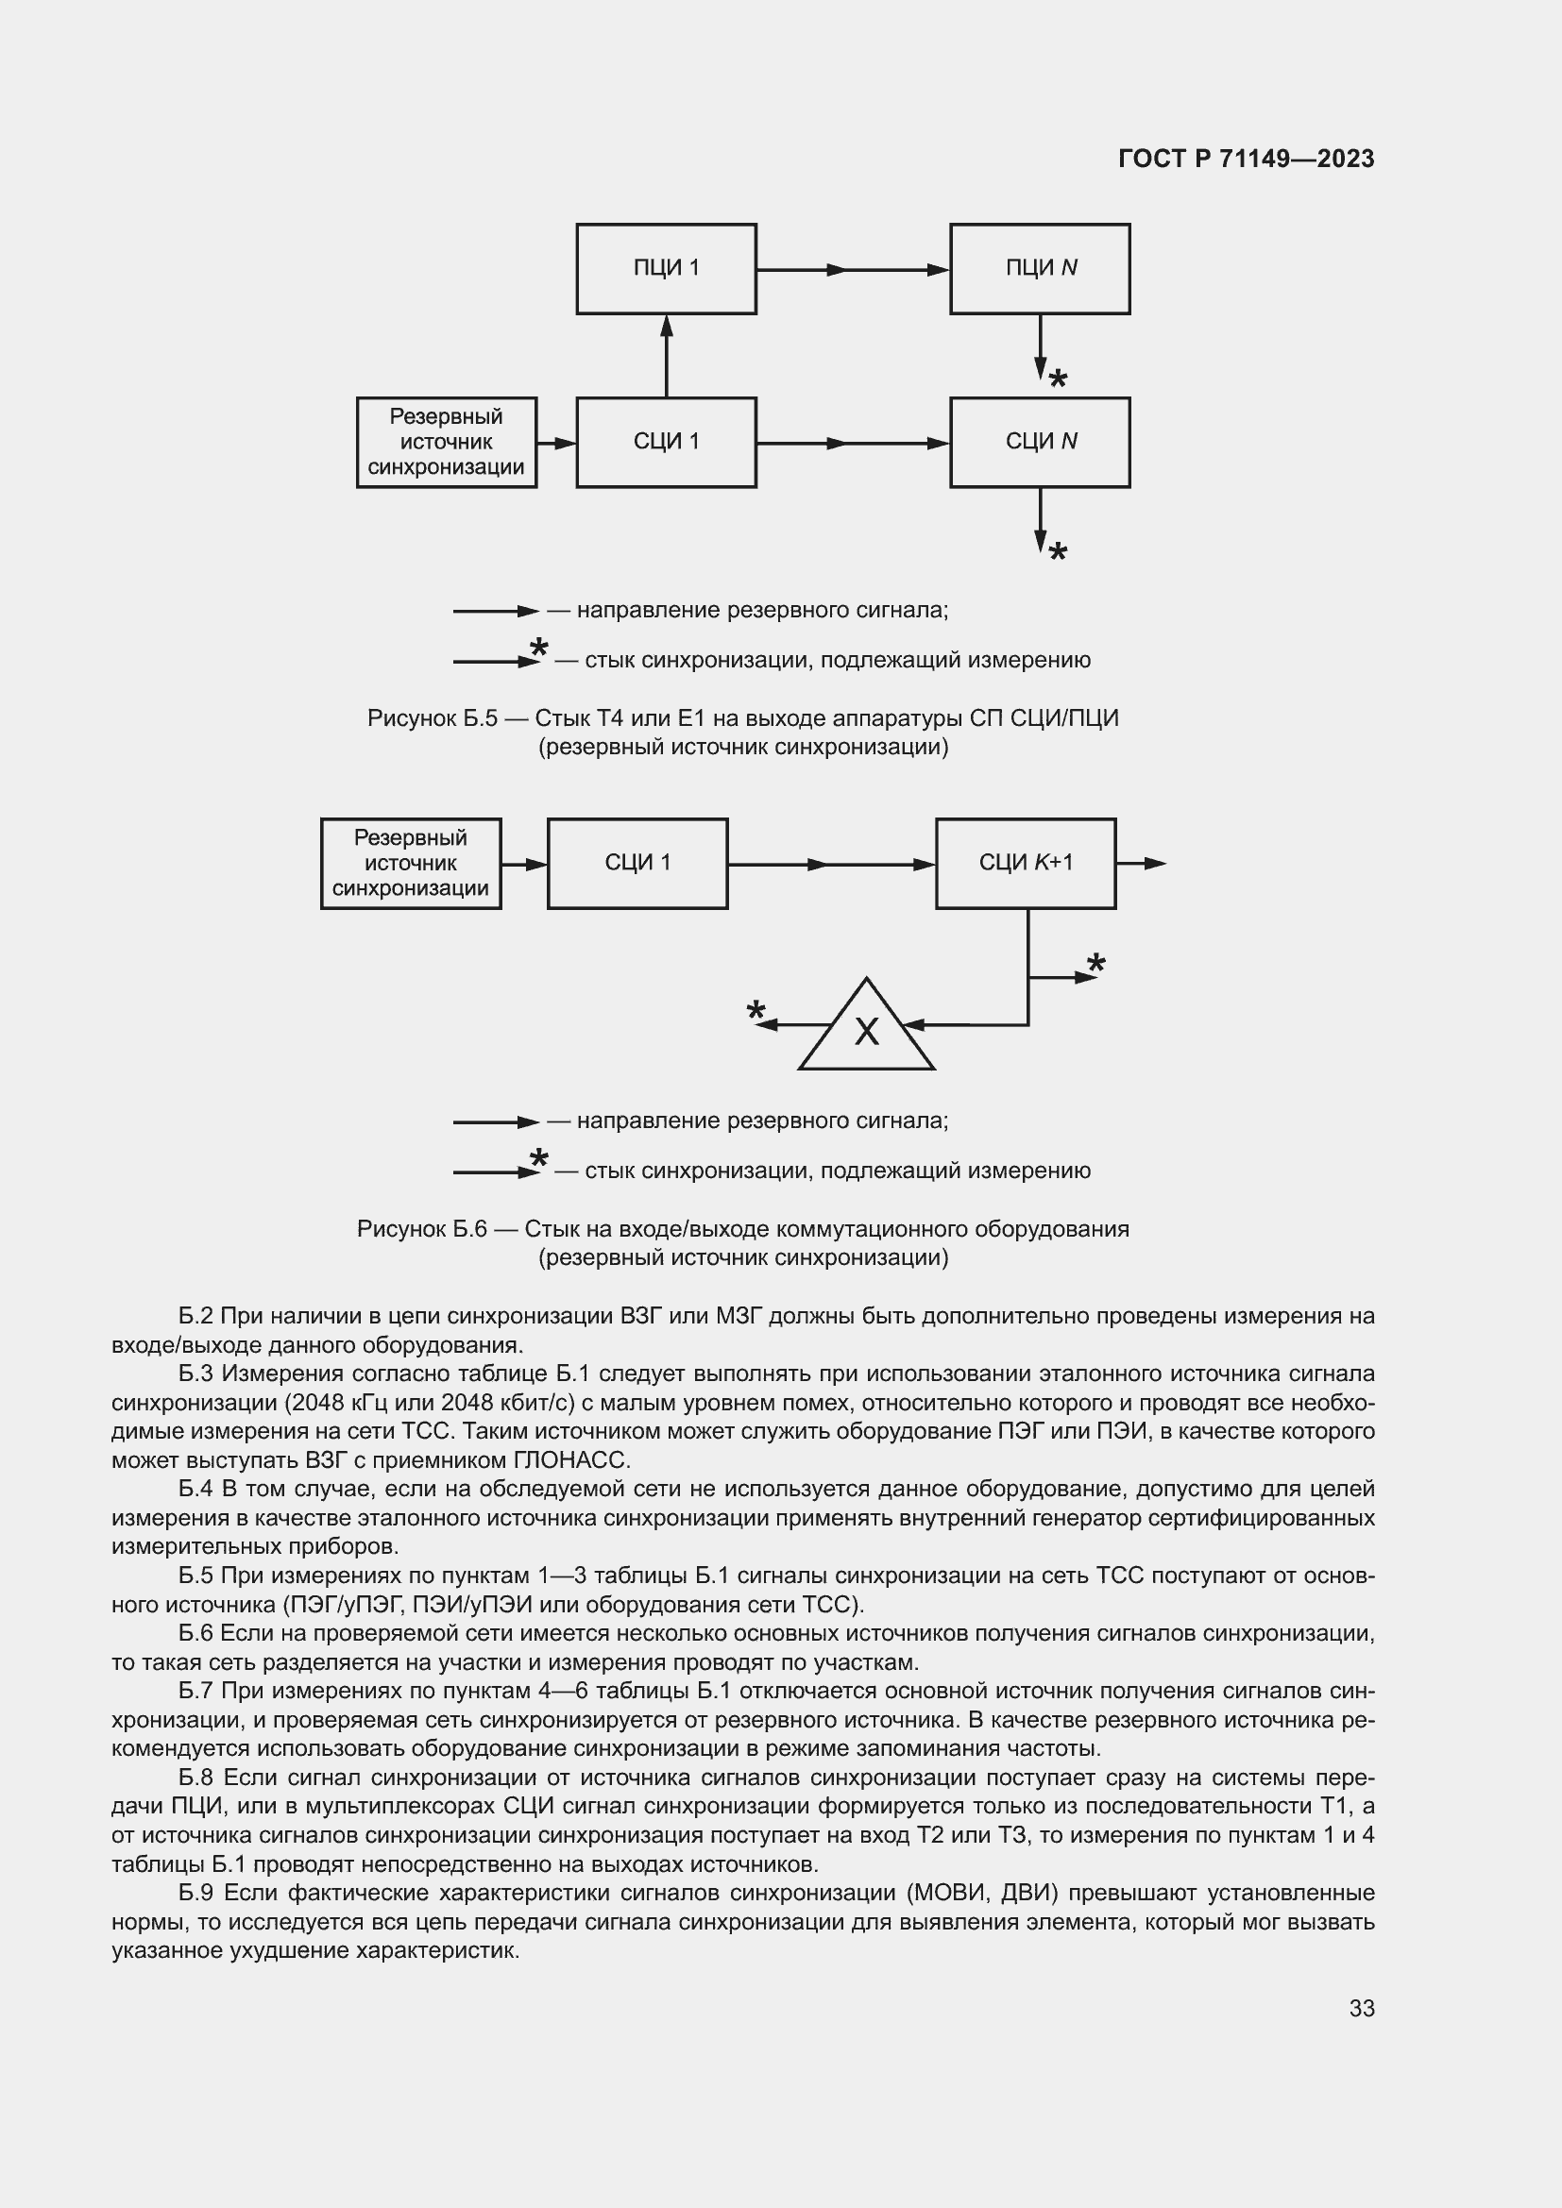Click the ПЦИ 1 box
pos(666,268)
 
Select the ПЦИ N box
pos(1040,268)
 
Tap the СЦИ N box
pos(1040,443)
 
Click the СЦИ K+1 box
pos(1026,863)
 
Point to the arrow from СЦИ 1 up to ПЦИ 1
pos(667,355)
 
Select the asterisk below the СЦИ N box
pos(1058,553)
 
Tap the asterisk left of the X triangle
pos(756,1011)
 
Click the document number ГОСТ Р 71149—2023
pos(1246,159)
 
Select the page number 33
pos(1361,2008)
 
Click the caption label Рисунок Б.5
pos(432,718)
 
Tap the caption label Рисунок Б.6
pos(421,1229)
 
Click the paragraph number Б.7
pos(196,1691)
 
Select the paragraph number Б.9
pos(196,1893)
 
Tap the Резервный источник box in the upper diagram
pos(447,443)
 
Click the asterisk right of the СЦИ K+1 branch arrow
pos(1096,964)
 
